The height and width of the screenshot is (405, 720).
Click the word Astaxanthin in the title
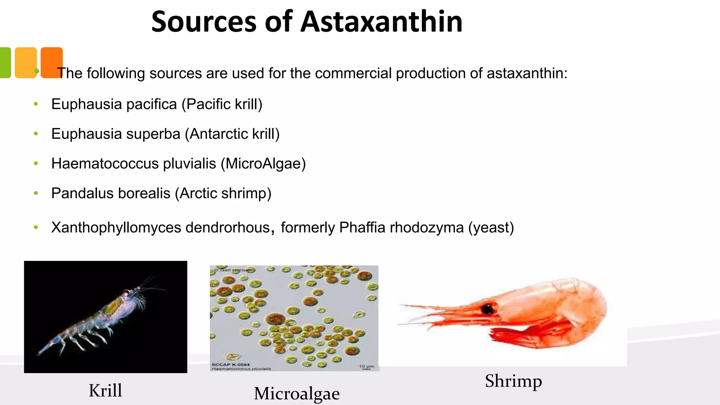click(x=381, y=22)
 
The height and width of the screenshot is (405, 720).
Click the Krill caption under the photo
click(x=105, y=391)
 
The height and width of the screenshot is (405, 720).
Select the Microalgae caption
click(x=297, y=393)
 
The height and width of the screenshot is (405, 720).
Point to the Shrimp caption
click(x=513, y=381)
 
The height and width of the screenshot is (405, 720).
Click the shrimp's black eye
click(x=487, y=309)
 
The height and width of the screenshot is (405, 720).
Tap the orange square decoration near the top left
click(x=52, y=62)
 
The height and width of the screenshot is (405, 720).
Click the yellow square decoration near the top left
click(x=26, y=62)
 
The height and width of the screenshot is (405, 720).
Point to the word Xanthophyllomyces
click(x=116, y=228)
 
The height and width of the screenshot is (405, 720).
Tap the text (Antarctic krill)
click(x=232, y=134)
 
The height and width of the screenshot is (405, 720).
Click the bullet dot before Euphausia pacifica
click(x=36, y=104)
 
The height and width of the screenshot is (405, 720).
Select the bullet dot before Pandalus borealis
click(x=36, y=193)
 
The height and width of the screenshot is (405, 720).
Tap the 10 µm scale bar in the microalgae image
click(x=366, y=368)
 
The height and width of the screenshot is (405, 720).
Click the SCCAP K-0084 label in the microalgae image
click(x=230, y=365)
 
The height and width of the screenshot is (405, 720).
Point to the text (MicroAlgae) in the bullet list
click(x=263, y=164)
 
